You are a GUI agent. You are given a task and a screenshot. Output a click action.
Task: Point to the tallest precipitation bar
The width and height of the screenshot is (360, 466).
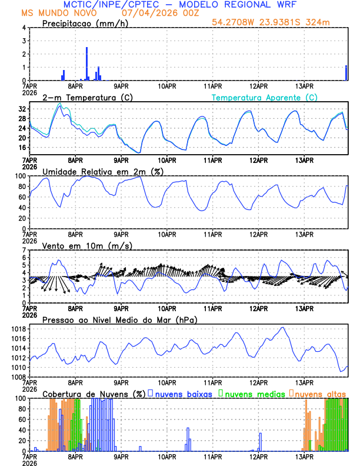[86, 64]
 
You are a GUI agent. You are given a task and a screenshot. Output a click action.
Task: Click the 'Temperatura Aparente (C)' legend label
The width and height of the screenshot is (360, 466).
[265, 97]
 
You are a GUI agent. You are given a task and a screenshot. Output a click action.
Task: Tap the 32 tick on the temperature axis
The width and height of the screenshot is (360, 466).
[22, 109]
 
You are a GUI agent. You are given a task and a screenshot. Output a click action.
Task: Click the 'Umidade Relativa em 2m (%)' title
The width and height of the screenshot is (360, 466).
[101, 171]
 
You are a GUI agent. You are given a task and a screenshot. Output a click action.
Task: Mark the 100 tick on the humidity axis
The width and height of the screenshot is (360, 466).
[19, 176]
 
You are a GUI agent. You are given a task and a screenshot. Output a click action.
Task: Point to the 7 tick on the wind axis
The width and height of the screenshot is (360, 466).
[24, 250]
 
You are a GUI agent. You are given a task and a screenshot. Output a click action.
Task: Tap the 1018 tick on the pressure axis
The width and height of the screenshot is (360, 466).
[18, 328]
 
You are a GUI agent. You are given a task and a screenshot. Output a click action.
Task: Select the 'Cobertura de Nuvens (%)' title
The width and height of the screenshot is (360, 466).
[94, 393]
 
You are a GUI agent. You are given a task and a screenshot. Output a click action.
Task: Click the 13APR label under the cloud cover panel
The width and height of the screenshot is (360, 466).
[304, 457]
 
